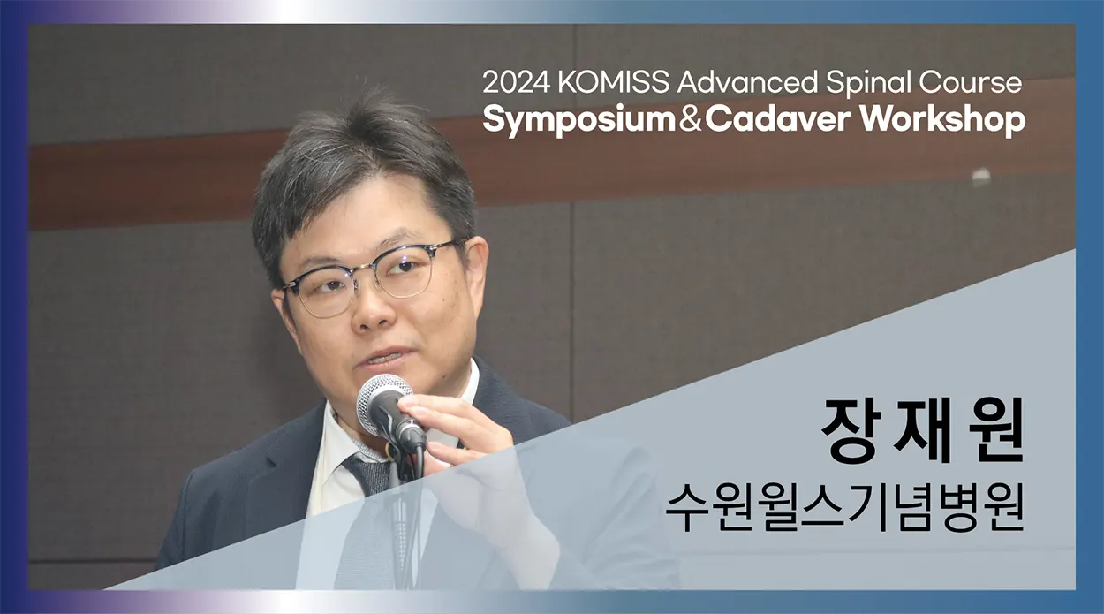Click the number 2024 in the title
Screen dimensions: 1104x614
(516, 82)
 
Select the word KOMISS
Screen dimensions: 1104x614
(614, 82)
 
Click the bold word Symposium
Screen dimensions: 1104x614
(579, 121)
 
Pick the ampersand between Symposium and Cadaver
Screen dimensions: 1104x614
(690, 120)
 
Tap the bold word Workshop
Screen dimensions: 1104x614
(943, 121)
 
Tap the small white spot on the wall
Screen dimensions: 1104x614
(980, 175)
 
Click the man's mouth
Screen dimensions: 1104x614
(384, 357)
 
